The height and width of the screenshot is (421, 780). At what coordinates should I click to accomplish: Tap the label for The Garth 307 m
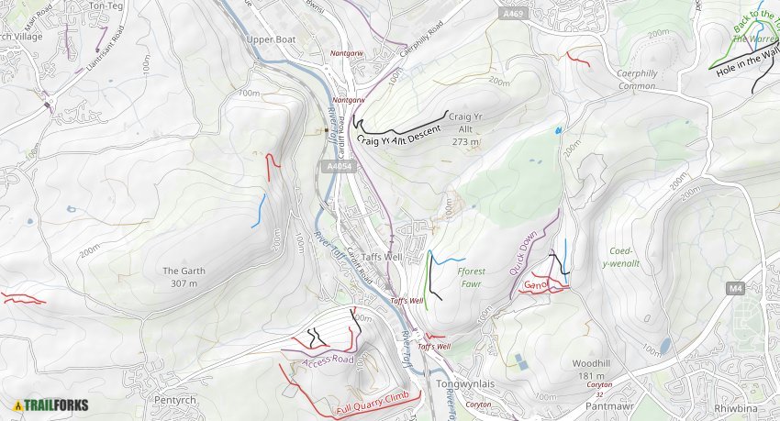tap(183, 277)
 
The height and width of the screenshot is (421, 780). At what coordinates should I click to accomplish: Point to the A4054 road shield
tap(338, 166)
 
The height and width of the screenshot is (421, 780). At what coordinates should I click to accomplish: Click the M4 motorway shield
tap(734, 289)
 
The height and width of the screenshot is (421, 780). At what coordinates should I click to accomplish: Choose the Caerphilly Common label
tap(623, 80)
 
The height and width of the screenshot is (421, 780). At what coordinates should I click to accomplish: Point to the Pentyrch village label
tap(175, 401)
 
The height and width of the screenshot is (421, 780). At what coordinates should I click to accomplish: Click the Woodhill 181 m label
tap(592, 370)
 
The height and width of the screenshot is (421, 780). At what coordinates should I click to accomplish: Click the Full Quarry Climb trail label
tap(372, 402)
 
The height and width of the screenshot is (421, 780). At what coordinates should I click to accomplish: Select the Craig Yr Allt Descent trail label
tap(399, 137)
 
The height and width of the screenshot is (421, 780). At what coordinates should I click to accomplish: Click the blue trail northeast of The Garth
tap(260, 211)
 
